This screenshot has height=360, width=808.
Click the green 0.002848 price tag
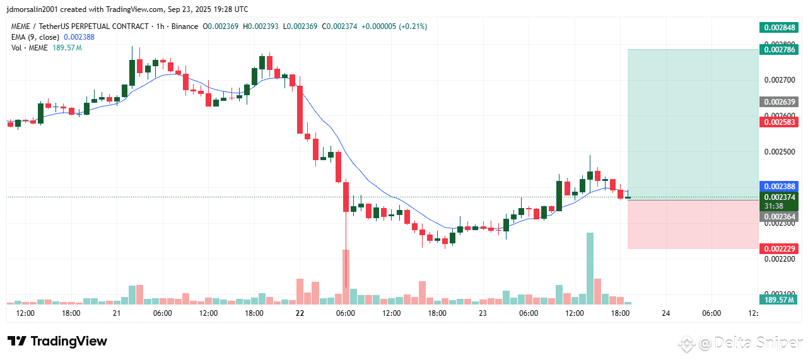tap(780, 27)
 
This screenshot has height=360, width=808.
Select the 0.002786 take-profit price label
tap(780, 49)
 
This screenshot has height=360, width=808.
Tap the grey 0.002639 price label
tap(780, 102)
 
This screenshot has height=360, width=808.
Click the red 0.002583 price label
tap(780, 122)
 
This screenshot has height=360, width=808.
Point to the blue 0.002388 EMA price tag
tap(780, 187)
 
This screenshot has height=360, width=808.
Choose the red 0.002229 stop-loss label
tap(780, 248)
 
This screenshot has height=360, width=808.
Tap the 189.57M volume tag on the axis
tap(780, 300)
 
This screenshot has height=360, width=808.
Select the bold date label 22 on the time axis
tap(300, 313)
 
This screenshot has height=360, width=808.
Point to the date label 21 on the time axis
tap(117, 313)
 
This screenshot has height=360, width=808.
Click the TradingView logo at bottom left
tap(57, 341)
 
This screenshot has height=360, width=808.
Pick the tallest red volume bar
tap(346, 277)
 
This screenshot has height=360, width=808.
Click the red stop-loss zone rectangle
tap(693, 224)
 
